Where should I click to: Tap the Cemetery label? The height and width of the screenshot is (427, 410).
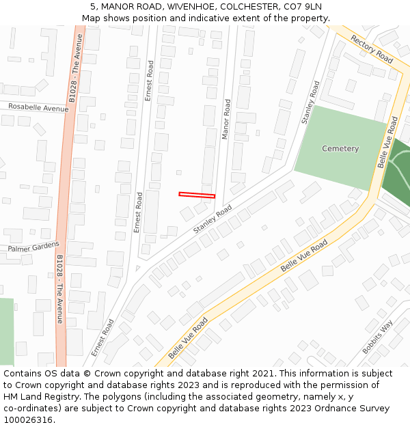click(340, 149)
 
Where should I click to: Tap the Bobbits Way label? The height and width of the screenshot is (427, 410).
click(377, 337)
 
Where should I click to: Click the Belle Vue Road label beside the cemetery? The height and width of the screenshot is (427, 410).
click(387, 142)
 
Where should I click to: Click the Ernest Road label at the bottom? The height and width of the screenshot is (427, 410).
click(103, 338)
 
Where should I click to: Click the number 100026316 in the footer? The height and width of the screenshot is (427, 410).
click(29, 419)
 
